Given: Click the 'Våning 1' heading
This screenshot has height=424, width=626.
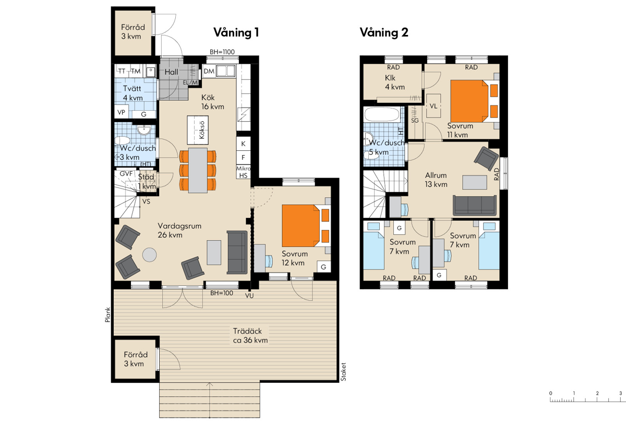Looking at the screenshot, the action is pyautogui.click(x=236, y=32).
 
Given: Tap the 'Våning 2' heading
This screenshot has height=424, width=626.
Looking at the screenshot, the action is pyautogui.click(x=384, y=32).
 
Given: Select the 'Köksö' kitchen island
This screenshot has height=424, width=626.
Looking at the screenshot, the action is pyautogui.click(x=198, y=130).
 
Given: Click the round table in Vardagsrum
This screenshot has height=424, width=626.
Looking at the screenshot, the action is pyautogui.click(x=150, y=255).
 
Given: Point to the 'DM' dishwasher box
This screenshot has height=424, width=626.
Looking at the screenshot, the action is pyautogui.click(x=209, y=72).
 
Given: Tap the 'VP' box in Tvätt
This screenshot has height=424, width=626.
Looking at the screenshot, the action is pyautogui.click(x=121, y=112).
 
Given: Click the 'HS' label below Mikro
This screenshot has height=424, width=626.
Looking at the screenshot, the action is pyautogui.click(x=244, y=175).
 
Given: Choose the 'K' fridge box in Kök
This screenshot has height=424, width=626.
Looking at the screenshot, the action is pyautogui.click(x=244, y=144).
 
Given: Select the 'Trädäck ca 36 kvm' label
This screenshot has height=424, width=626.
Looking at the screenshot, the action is pyautogui.click(x=250, y=336).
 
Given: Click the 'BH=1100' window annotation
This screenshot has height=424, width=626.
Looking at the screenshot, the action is pyautogui.click(x=222, y=52).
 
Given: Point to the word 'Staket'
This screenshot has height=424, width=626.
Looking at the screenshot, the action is pyautogui.click(x=343, y=372).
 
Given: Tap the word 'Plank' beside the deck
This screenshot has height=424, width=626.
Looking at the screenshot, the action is pyautogui.click(x=107, y=315).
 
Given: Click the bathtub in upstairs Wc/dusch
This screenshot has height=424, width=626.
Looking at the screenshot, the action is pyautogui.click(x=382, y=115).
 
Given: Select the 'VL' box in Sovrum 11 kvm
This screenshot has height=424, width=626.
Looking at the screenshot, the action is pyautogui.click(x=434, y=106).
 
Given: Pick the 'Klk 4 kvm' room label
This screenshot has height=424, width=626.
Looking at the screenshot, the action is pyautogui.click(x=394, y=82).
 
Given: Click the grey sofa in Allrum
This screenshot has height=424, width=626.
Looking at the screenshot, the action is pyautogui.click(x=475, y=205).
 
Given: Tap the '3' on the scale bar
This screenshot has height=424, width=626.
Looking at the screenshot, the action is pyautogui.click(x=621, y=393).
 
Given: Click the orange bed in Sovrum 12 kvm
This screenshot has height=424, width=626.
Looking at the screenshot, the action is pyautogui.click(x=306, y=226).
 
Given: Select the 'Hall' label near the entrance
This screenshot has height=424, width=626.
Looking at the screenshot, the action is pyautogui.click(x=171, y=72).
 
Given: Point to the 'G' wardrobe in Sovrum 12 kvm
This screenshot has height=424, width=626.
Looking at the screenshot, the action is pyautogui.click(x=323, y=267).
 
